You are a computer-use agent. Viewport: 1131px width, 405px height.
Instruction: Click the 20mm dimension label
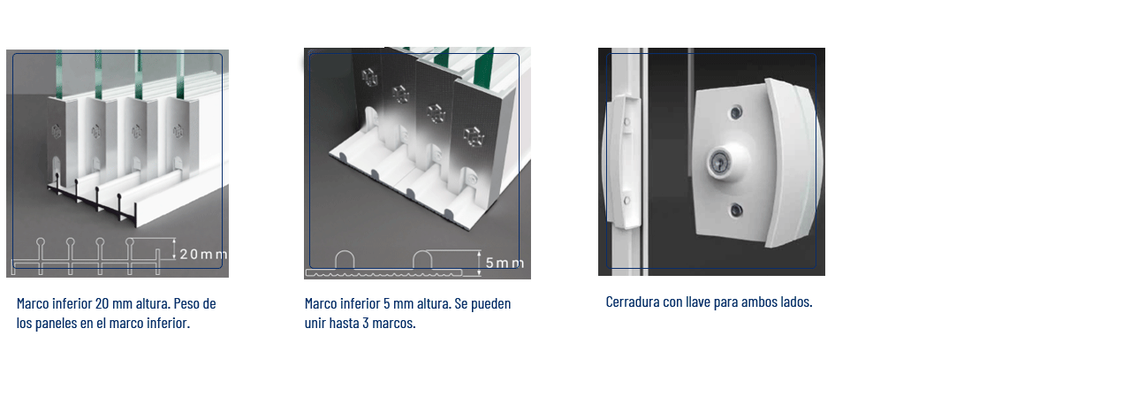203,254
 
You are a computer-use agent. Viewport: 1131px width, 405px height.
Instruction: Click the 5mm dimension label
505,263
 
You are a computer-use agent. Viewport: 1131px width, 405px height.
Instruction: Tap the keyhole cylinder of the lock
719,163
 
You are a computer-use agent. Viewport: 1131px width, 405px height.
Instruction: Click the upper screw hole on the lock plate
736,112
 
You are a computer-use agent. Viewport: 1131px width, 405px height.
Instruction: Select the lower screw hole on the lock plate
736,210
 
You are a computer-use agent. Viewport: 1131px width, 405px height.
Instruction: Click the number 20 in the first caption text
102,303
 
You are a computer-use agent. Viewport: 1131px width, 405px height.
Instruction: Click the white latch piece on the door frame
624,162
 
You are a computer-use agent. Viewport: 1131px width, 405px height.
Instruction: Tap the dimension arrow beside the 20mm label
174,249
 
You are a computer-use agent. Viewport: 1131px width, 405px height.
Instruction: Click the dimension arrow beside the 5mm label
479,264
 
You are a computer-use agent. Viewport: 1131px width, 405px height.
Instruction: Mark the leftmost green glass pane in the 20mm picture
59,74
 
